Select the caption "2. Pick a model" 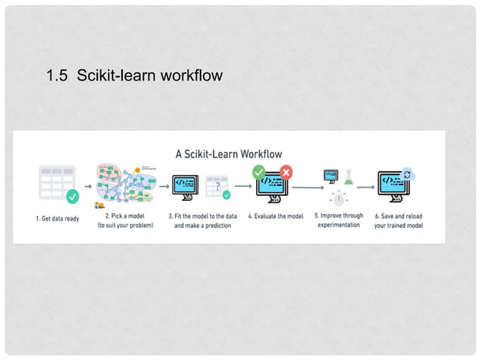[x=125, y=215]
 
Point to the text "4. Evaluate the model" [x=275, y=217]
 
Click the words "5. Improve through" [x=339, y=215]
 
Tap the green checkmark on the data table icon [x=72, y=197]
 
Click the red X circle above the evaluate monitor [x=286, y=172]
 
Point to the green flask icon [x=348, y=177]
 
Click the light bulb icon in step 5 [x=339, y=200]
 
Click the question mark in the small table [x=218, y=186]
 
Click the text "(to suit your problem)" [x=125, y=225]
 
